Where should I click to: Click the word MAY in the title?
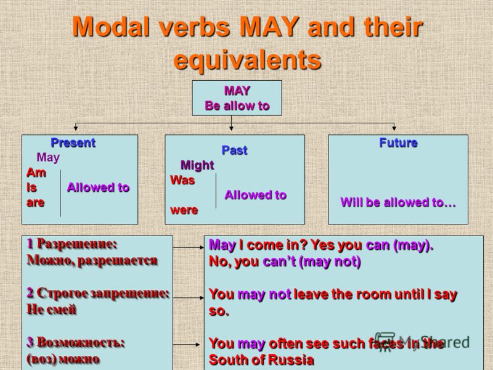click(269, 27)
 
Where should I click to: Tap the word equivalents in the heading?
click(248, 60)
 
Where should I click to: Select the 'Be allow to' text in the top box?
click(237, 106)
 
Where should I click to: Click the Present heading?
click(73, 143)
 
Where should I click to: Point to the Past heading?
click(234, 150)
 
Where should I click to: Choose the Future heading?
click(398, 143)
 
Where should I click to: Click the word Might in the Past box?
click(197, 165)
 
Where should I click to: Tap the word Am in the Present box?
click(36, 173)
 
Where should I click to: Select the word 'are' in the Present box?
click(35, 203)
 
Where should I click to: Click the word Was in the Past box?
click(182, 180)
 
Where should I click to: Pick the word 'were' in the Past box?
click(184, 210)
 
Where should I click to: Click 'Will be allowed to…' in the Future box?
click(398, 202)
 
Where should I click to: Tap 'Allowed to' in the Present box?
click(98, 187)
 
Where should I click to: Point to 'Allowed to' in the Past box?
click(255, 195)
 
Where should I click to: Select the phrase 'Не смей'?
click(52, 310)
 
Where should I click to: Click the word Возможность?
click(81, 342)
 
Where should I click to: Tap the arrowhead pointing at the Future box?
click(394, 128)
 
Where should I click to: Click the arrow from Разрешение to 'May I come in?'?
click(189, 248)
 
